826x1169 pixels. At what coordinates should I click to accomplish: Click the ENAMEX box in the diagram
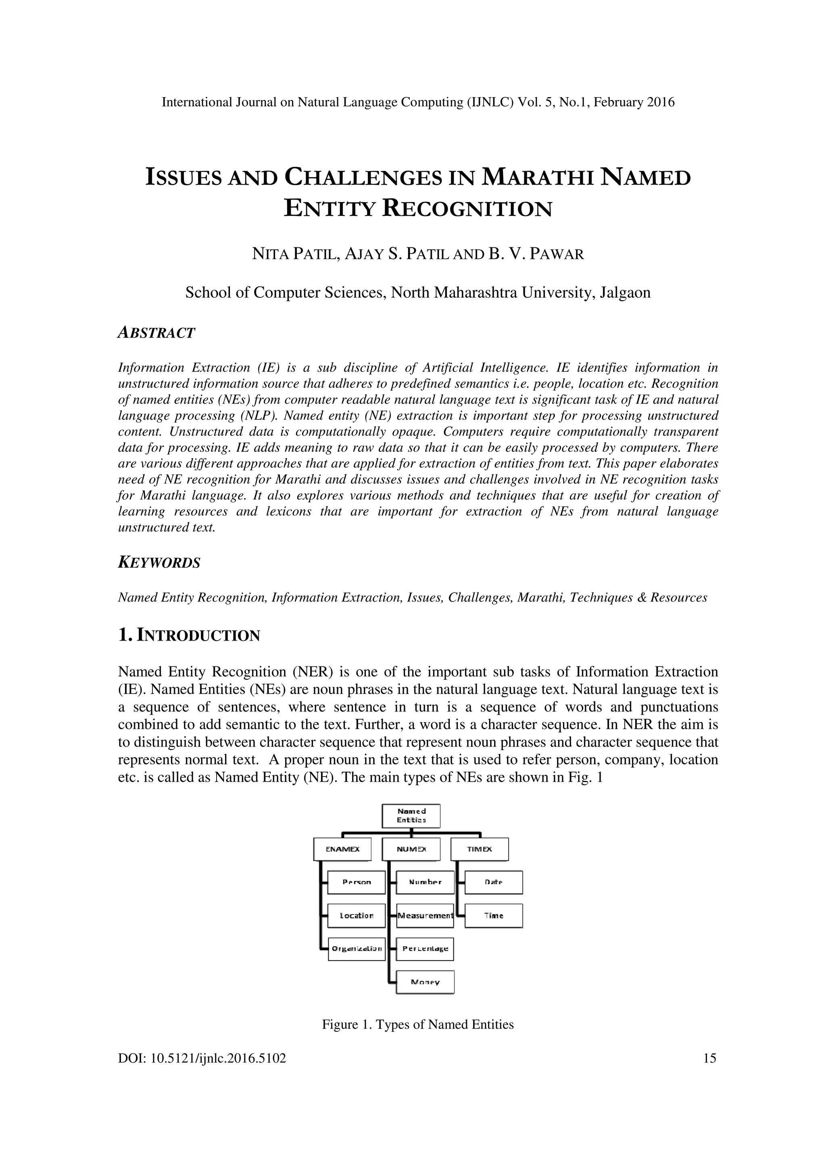point(342,849)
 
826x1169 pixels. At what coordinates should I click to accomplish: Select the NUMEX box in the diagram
point(411,849)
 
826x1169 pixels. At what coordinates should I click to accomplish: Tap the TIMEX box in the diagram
point(480,849)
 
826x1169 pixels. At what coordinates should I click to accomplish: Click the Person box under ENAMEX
point(356,882)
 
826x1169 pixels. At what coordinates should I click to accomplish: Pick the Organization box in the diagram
point(356,948)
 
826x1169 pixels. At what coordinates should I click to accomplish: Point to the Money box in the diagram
point(425,982)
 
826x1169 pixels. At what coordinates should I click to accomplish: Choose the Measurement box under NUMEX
point(425,915)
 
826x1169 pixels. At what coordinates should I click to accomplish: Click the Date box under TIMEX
point(493,882)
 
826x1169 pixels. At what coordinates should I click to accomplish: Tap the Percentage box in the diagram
point(425,948)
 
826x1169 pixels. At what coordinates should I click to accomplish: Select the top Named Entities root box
point(411,816)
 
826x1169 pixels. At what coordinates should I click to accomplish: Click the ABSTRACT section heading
point(156,333)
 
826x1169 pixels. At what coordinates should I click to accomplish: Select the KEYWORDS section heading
point(159,563)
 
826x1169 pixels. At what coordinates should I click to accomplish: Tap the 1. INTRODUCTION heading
point(189,635)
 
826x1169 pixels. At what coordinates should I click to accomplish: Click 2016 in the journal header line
point(661,102)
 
